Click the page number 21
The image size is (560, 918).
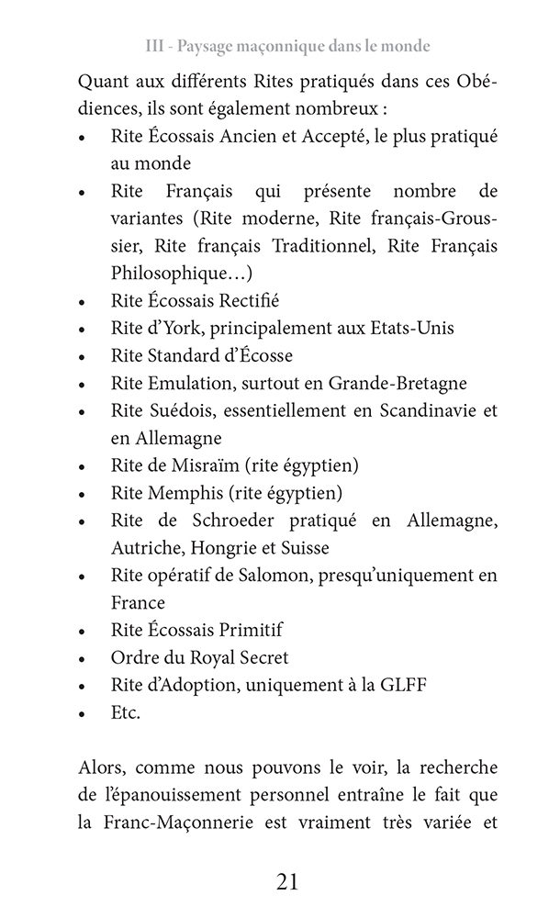click(286, 882)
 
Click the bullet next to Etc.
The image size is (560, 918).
click(83, 713)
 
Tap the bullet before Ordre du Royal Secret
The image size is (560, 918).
click(83, 658)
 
